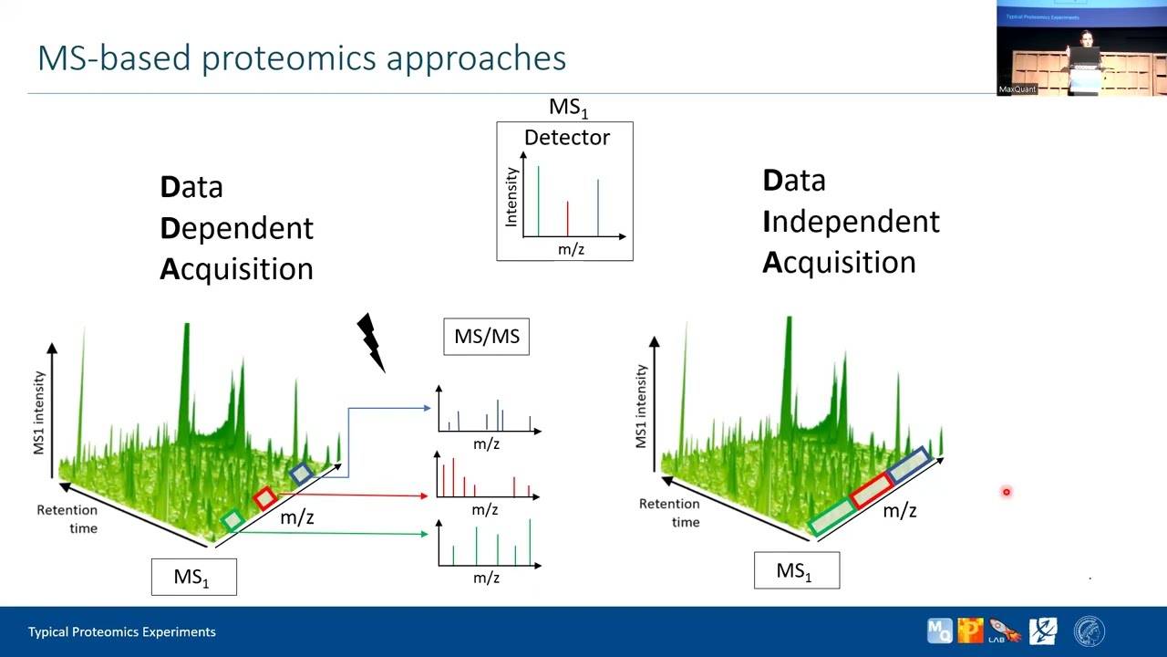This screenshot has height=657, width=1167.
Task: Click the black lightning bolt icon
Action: (370, 342)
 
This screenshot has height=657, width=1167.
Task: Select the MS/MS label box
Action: (486, 337)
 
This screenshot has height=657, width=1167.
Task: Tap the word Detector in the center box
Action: (566, 138)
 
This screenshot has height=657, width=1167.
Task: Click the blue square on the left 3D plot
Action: (301, 473)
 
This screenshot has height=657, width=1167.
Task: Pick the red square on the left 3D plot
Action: (264, 497)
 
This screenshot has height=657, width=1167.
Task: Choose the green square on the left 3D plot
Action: (232, 519)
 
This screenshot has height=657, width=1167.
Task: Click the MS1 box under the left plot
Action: (193, 578)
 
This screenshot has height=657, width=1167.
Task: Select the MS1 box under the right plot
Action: (796, 571)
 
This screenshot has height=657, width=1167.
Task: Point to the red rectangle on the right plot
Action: (872, 491)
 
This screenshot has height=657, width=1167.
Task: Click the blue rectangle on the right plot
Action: (908, 465)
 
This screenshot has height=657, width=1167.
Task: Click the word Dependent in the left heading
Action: (236, 228)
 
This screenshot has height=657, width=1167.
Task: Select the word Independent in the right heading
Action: (851, 222)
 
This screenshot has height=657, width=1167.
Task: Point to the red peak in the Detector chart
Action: (567, 219)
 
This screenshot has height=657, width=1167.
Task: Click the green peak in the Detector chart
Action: (538, 201)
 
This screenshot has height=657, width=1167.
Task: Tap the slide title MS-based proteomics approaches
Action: (302, 58)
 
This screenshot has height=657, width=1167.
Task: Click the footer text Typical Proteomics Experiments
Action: (122, 631)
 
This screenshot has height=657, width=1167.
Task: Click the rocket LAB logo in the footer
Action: (1003, 631)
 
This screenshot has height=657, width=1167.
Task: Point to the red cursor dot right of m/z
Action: (1007, 493)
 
